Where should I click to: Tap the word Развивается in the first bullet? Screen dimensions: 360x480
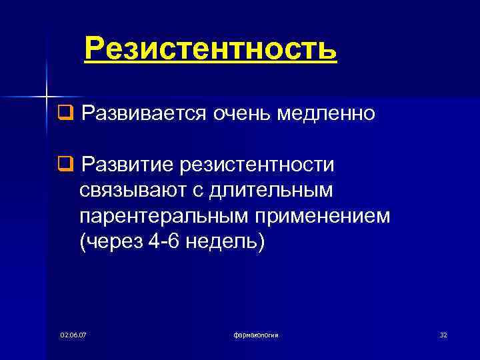coord(143,114)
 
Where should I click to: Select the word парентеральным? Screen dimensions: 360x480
coord(163,217)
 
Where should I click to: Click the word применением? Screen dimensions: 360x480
coord(324,217)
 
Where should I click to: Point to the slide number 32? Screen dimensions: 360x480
coord(443,335)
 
